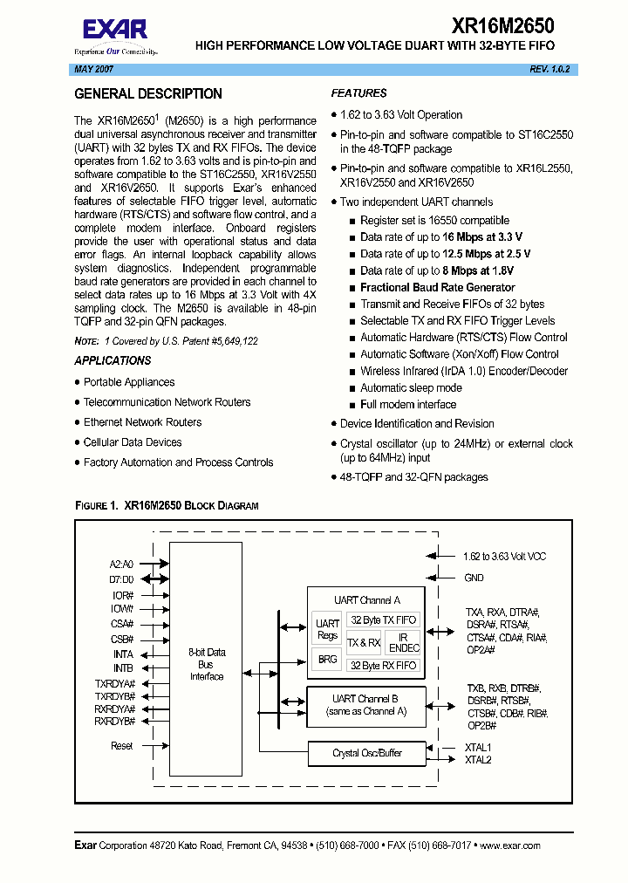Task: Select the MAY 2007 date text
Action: coord(92,68)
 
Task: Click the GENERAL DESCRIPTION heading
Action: coord(148,94)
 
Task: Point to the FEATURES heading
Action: coord(359,93)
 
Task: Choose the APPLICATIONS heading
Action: coord(113,360)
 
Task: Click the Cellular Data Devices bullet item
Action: coord(133,442)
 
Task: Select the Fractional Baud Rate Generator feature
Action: coord(437,287)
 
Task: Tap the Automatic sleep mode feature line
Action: coord(411,387)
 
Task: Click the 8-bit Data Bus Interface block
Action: coord(207,664)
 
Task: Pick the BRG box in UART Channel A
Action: coord(327,660)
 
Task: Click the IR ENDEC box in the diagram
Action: coord(404,643)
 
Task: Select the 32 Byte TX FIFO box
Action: coord(383,620)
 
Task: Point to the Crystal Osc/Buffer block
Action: coord(367,753)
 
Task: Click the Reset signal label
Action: coord(122,746)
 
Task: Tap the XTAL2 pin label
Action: coord(479,761)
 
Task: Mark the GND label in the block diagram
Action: coord(474,578)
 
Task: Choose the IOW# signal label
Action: coord(122,608)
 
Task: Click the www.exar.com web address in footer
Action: coord(509,845)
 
